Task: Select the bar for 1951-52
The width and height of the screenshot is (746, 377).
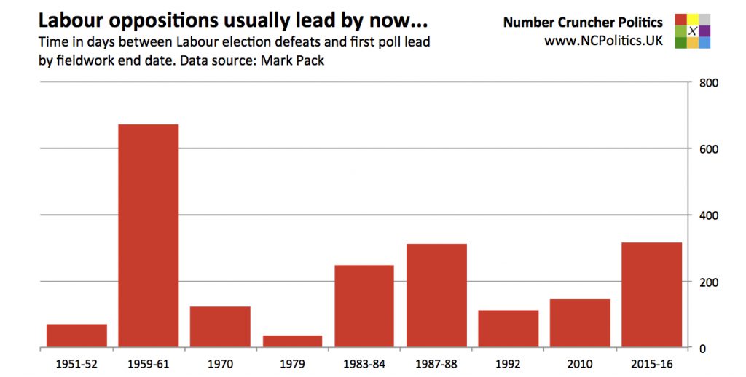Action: click(76, 336)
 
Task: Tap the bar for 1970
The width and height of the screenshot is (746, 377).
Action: click(220, 327)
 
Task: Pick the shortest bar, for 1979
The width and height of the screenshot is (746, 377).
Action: click(292, 341)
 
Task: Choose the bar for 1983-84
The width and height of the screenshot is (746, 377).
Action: click(364, 306)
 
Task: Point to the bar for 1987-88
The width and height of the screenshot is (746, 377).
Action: click(436, 295)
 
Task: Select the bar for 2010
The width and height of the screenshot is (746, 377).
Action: click(580, 323)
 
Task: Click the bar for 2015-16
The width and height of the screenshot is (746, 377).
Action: click(652, 295)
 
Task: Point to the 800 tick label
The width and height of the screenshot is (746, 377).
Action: click(709, 83)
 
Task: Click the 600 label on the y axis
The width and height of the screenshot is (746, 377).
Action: click(709, 149)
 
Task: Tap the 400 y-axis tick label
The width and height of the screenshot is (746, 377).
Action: click(709, 215)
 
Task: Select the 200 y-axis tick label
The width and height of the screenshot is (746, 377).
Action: click(709, 282)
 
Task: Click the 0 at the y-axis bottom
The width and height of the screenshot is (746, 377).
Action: click(702, 349)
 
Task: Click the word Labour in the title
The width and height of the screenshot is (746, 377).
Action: click(70, 20)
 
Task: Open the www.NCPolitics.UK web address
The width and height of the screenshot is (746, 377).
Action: click(603, 41)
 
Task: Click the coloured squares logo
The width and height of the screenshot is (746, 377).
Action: click(692, 31)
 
